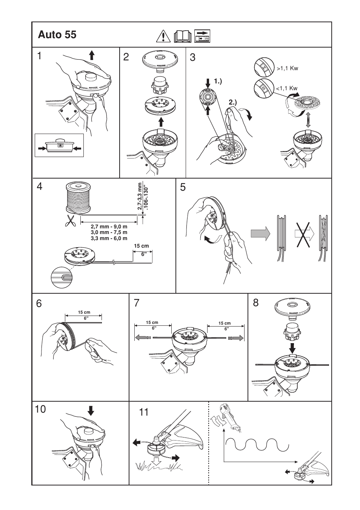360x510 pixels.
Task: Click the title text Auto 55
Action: [57, 35]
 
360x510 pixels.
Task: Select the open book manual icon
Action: [183, 36]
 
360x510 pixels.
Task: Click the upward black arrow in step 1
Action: [91, 55]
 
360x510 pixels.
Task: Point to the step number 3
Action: [193, 57]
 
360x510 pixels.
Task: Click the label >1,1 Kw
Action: [287, 69]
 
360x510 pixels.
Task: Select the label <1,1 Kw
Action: [286, 88]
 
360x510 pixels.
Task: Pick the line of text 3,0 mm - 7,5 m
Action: [109, 233]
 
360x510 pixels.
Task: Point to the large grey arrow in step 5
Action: [261, 233]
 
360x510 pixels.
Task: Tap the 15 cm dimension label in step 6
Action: [84, 312]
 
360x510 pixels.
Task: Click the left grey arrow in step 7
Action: [142, 338]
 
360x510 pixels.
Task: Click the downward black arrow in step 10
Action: [91, 410]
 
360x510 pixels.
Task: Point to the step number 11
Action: [143, 412]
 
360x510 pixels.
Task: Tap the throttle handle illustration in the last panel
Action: [231, 418]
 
